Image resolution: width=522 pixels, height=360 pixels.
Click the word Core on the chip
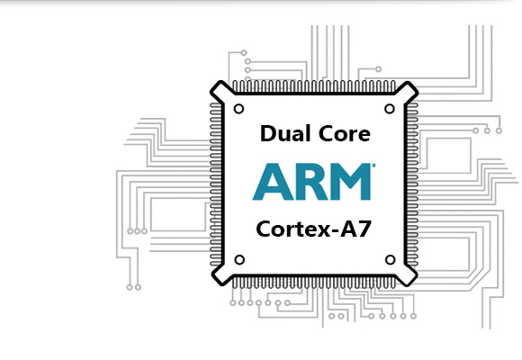tap(345, 133)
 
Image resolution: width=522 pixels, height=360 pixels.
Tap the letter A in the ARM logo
tap(273, 182)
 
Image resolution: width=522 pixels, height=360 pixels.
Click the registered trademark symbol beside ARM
tap(373, 165)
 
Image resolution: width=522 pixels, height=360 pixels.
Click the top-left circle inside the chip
tap(239, 109)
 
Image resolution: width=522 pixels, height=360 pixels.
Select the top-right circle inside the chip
tap(390, 109)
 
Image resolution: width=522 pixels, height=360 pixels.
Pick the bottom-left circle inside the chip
tap(239, 260)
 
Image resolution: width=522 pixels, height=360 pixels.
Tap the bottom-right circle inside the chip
tap(391, 260)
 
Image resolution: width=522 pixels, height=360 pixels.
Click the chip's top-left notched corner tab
tap(220, 91)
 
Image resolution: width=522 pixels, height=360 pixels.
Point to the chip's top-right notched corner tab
tap(407, 91)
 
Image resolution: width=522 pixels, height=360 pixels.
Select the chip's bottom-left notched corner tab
tap(221, 275)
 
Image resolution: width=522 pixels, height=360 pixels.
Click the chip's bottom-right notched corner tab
tap(407, 275)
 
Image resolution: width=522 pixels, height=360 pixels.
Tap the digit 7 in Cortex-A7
tap(364, 229)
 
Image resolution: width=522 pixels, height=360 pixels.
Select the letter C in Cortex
tap(264, 229)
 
